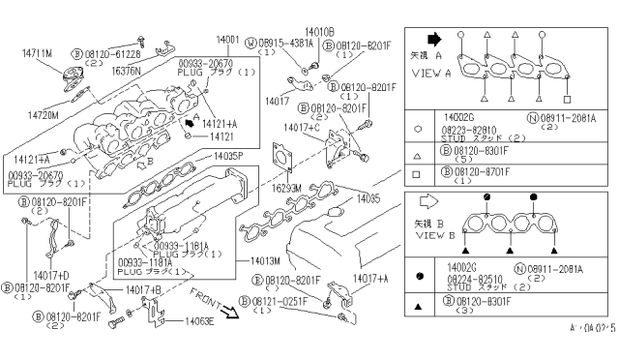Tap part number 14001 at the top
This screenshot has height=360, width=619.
228,40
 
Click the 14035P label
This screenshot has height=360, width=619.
229,156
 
